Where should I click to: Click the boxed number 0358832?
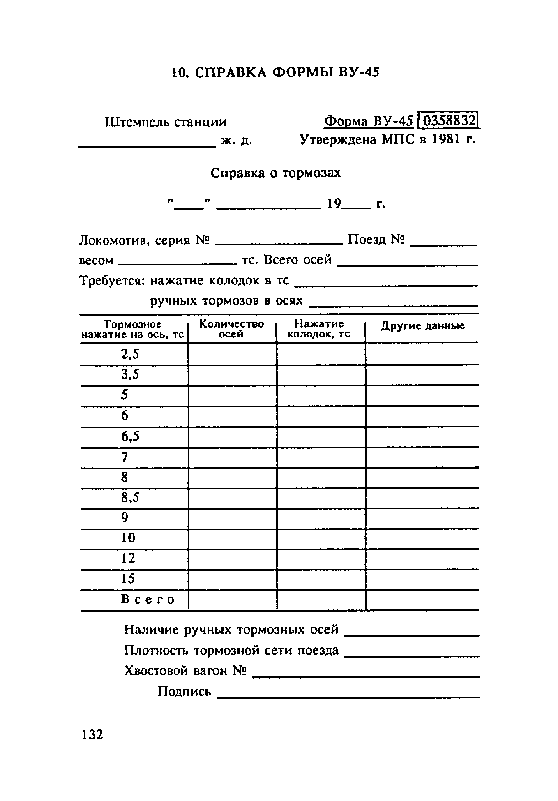(x=449, y=121)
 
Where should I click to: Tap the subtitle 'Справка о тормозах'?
(x=275, y=173)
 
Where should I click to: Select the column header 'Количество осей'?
(x=232, y=329)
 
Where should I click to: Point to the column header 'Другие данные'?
(x=422, y=326)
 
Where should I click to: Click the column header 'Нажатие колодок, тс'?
(x=319, y=329)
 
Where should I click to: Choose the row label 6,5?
(x=130, y=436)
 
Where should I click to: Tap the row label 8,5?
(x=130, y=498)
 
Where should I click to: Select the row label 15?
(x=128, y=579)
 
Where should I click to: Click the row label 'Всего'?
(x=148, y=600)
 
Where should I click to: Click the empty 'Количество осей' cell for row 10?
(x=232, y=538)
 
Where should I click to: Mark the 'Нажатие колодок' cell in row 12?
(x=321, y=559)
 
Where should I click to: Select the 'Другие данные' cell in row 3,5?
(x=422, y=375)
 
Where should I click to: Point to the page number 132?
(x=93, y=734)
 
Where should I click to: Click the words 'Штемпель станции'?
(x=166, y=122)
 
